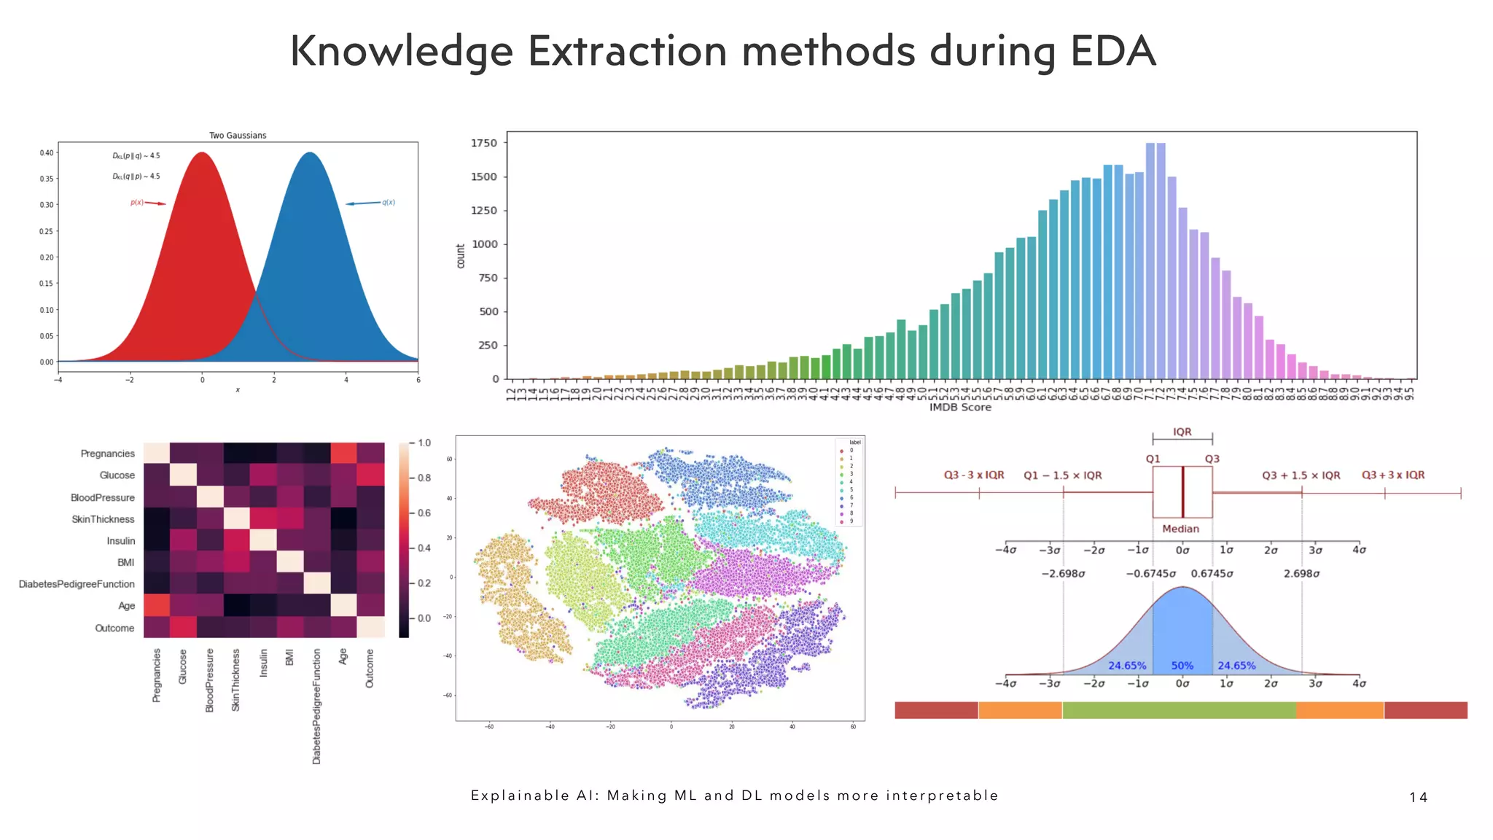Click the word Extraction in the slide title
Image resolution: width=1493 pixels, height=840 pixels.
(628, 51)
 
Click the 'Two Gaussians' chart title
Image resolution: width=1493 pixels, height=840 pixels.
(238, 136)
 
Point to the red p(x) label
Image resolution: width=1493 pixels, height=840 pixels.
(136, 203)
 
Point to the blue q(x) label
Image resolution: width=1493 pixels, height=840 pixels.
(389, 203)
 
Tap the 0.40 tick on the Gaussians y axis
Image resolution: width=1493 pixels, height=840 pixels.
(47, 153)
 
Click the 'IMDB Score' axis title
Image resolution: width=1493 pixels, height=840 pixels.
(960, 408)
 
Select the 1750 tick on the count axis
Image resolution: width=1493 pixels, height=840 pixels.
(484, 143)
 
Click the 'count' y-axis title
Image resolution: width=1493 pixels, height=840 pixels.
(461, 256)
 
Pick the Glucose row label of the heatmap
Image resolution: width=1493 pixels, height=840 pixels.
(117, 475)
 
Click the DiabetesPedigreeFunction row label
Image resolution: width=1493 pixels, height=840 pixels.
(77, 584)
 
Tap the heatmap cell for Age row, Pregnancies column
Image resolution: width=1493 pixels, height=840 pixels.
(157, 605)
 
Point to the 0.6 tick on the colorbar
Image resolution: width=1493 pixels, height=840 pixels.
(424, 513)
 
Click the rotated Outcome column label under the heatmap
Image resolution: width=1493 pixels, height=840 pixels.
(370, 668)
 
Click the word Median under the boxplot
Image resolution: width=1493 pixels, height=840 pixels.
(1180, 529)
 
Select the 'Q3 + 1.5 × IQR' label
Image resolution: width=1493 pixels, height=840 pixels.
(1301, 475)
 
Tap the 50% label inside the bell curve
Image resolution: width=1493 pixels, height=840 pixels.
(1182, 666)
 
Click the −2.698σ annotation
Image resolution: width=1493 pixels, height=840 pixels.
(1063, 574)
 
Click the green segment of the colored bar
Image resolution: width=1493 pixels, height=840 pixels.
(1179, 710)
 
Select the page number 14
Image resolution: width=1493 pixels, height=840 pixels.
(1418, 797)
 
